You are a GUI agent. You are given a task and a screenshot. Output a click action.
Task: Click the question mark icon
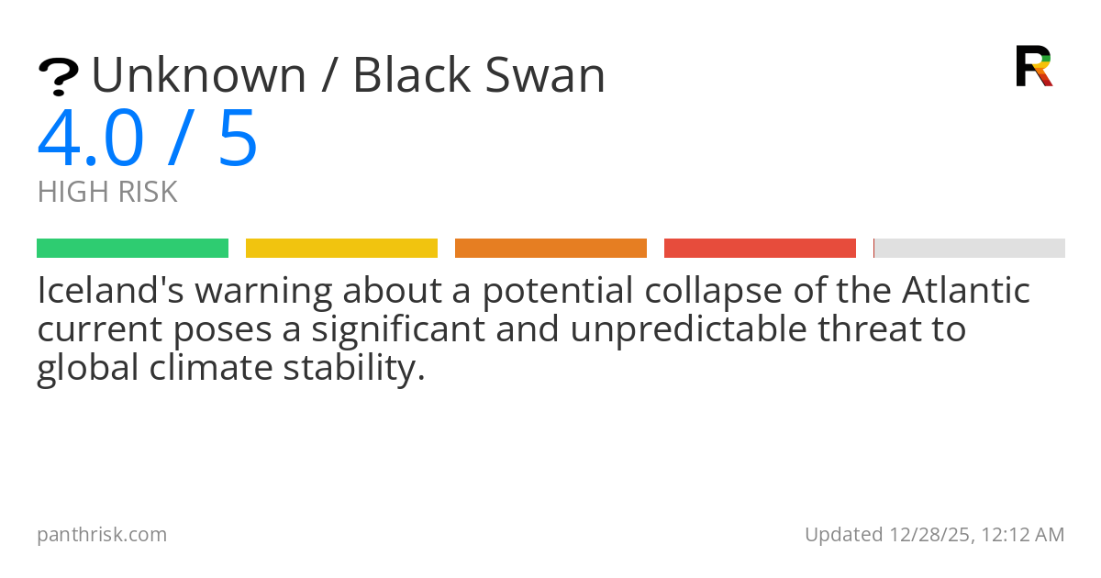click(58, 77)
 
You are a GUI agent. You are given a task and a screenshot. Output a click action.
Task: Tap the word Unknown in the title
click(198, 75)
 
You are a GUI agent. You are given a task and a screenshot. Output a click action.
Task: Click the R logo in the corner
click(1033, 66)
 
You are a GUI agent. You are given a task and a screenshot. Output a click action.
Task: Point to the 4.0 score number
click(91, 139)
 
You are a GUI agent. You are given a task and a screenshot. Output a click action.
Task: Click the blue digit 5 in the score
click(238, 139)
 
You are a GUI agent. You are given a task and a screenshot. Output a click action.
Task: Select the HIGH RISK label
click(107, 193)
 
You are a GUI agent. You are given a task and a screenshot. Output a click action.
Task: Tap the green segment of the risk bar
click(132, 249)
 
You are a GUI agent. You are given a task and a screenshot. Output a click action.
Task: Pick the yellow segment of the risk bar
click(341, 249)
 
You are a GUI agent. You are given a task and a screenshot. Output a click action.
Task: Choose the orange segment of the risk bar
click(550, 249)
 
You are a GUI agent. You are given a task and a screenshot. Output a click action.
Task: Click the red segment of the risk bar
click(760, 249)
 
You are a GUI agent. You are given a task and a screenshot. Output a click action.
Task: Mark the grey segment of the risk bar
click(970, 249)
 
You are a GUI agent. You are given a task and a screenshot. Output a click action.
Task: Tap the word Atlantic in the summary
click(966, 291)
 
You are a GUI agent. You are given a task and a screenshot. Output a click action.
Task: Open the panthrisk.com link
click(102, 535)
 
